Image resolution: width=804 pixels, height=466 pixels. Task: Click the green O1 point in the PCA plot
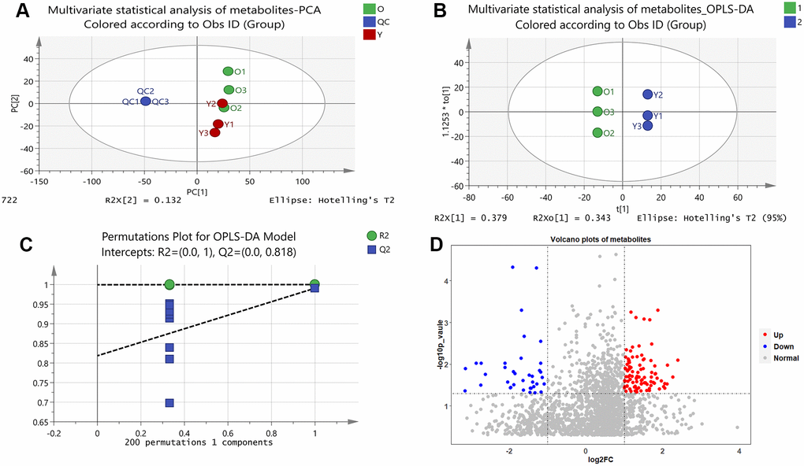click(x=228, y=72)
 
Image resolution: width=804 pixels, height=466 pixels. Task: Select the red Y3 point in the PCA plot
click(x=214, y=132)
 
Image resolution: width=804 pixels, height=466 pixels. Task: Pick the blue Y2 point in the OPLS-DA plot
click(x=648, y=94)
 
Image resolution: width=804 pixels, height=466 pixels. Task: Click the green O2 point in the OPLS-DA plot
click(x=597, y=133)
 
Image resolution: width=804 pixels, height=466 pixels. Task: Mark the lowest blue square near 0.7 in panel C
click(x=169, y=403)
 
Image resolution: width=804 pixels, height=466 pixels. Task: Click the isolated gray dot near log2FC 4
click(x=738, y=427)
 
